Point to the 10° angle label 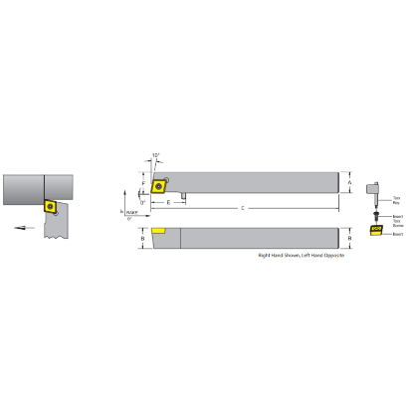156,155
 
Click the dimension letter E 169,202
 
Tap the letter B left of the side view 143,240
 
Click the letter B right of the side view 350,240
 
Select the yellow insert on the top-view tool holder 158,184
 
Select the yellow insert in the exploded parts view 376,232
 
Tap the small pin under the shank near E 187,197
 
